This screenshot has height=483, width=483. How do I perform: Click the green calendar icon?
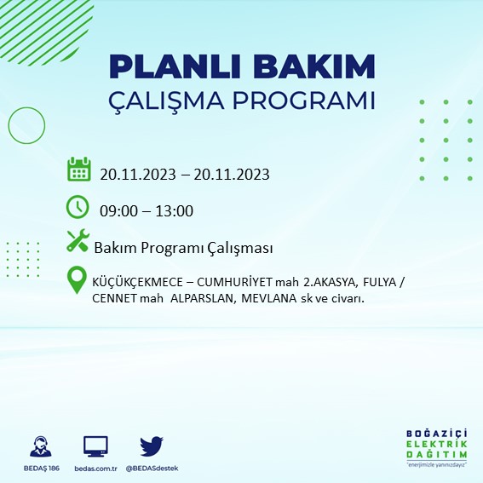point(78,169)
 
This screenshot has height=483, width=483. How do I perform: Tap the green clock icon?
point(78,206)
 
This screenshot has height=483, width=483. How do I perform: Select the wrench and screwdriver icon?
point(78,242)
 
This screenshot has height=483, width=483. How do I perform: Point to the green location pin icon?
point(78,281)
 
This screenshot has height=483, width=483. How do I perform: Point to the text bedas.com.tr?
point(95,469)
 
